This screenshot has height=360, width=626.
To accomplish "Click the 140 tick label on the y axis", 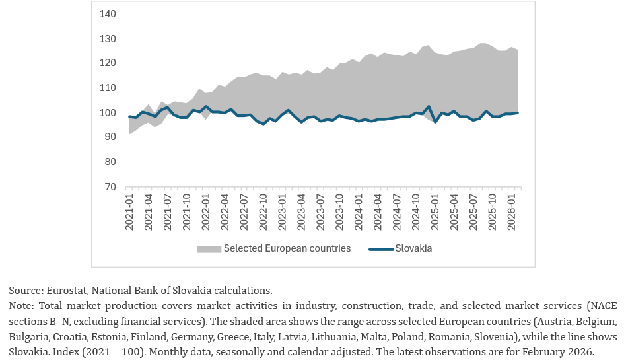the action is [108, 14].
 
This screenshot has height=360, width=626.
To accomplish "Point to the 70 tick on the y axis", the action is [110, 187].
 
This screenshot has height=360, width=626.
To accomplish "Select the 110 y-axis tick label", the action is [108, 88].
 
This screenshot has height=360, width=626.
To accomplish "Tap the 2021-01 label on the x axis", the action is [129, 212].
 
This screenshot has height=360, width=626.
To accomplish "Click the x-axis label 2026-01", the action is [511, 212].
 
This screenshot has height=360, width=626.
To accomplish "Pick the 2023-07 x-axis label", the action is [320, 212].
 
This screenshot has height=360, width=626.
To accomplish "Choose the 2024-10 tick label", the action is [415, 212].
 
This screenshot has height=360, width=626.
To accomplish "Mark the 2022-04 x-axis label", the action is [225, 212].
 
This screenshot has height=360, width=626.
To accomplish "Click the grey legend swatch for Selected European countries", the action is [209, 249].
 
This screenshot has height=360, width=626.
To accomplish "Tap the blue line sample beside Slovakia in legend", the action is [381, 249].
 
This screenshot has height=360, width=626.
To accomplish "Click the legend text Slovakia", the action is [413, 248].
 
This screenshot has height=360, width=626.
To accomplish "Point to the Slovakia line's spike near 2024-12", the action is [429, 106].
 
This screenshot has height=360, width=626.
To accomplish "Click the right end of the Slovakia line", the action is [518, 113].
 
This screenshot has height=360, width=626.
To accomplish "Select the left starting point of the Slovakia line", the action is [129, 117].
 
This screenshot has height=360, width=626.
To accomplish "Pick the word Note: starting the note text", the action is [22, 306].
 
